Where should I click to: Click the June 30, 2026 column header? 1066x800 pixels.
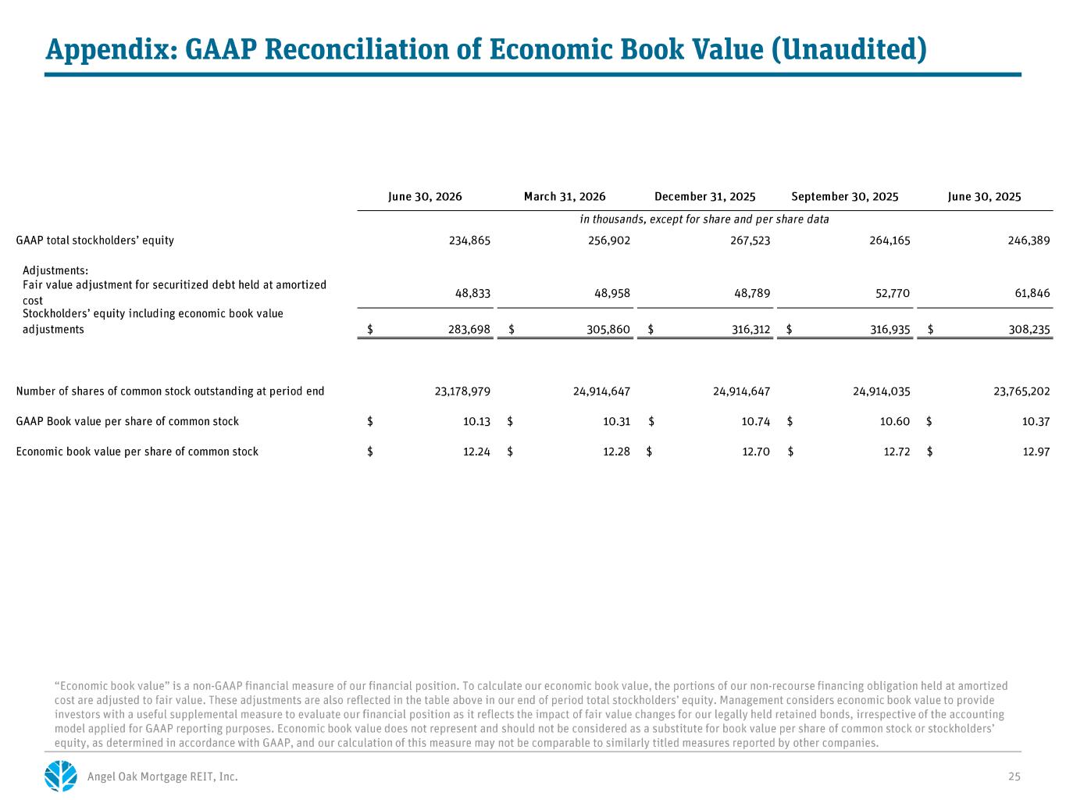tap(425, 197)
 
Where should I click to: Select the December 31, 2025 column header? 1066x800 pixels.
tap(704, 197)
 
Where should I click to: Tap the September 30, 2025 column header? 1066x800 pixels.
tap(844, 197)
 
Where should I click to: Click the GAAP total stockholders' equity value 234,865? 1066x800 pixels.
tap(469, 241)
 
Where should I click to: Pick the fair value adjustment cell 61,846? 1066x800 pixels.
tap(1032, 293)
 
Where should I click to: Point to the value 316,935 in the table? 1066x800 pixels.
tap(890, 330)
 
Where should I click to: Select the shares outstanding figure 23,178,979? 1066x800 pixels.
tap(462, 391)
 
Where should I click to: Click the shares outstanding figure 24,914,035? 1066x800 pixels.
tap(882, 391)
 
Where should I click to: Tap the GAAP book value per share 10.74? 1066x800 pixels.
tap(756, 422)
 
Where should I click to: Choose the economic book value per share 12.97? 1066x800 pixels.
tap(1036, 452)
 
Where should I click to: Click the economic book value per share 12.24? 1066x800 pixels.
tap(476, 452)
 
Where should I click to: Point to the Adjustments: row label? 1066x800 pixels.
tap(55, 270)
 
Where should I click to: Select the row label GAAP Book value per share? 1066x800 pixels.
tap(127, 422)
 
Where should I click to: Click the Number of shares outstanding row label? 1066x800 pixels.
tap(170, 391)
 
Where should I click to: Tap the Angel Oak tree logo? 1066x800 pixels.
tap(61, 776)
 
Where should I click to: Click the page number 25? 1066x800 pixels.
tap(1014, 777)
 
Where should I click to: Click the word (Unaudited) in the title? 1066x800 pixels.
tap(848, 49)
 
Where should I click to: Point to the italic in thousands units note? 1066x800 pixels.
tap(704, 220)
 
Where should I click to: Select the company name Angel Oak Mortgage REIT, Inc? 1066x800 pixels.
tap(162, 777)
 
